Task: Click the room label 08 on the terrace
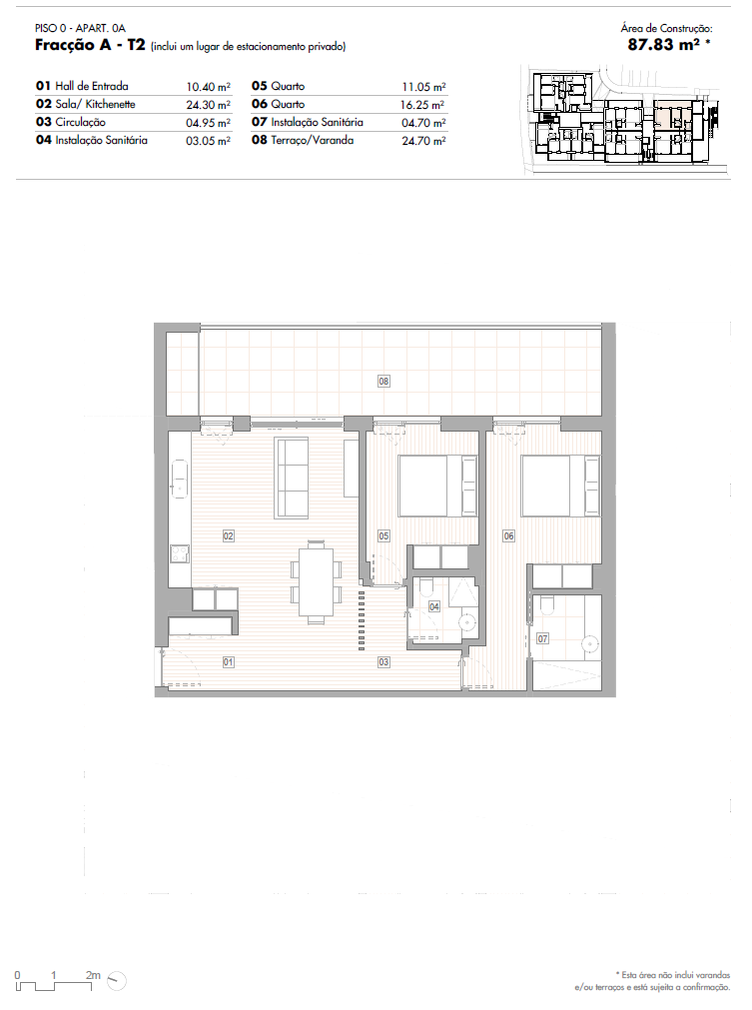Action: [383, 380]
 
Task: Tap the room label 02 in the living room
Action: [228, 536]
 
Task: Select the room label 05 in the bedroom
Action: [383, 536]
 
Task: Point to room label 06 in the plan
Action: [508, 536]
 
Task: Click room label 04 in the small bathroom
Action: [434, 606]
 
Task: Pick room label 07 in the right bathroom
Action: [542, 637]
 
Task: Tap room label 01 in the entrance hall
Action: [228, 661]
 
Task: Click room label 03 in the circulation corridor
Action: [383, 661]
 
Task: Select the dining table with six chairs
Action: [317, 582]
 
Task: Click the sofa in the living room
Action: [293, 477]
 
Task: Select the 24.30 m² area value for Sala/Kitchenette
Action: [209, 105]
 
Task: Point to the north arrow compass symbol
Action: [118, 979]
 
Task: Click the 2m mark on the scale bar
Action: [93, 973]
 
